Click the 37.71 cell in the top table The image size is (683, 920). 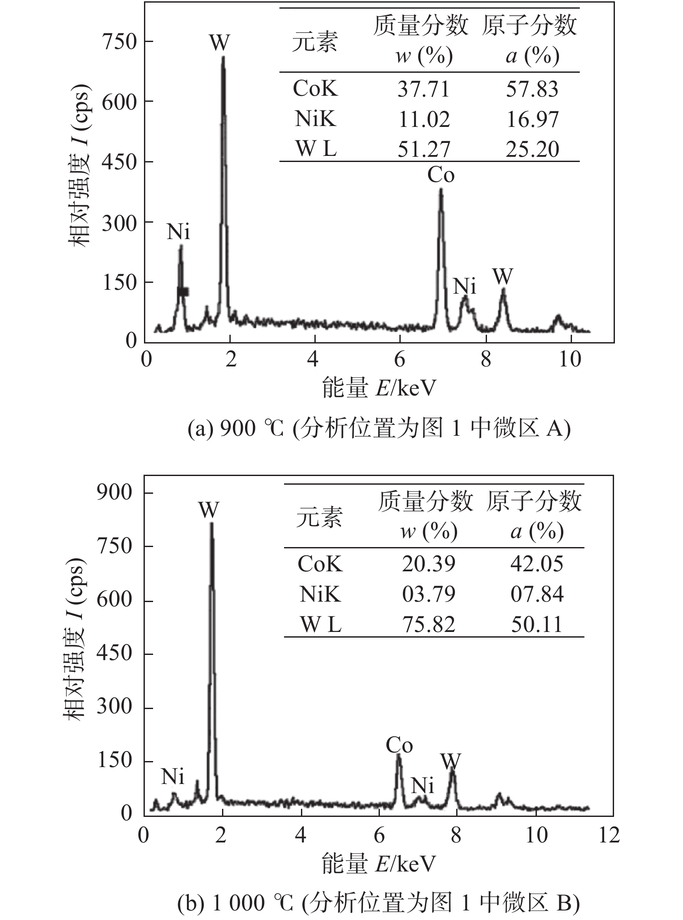click(424, 89)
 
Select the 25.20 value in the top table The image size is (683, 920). click(532, 149)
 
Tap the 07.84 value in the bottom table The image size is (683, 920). click(537, 594)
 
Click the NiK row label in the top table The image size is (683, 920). click(315, 119)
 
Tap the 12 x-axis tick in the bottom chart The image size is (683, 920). click(608, 835)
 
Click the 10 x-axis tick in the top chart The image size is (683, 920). click(570, 360)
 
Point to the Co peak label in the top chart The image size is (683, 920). click(441, 175)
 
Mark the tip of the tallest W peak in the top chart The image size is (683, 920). click(223, 57)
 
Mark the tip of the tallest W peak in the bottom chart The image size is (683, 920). click(211, 523)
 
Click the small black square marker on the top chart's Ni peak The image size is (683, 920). click(183, 292)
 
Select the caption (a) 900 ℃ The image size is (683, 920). click(379, 429)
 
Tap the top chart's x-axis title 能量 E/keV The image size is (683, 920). click(378, 388)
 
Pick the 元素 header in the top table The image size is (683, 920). click(314, 42)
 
